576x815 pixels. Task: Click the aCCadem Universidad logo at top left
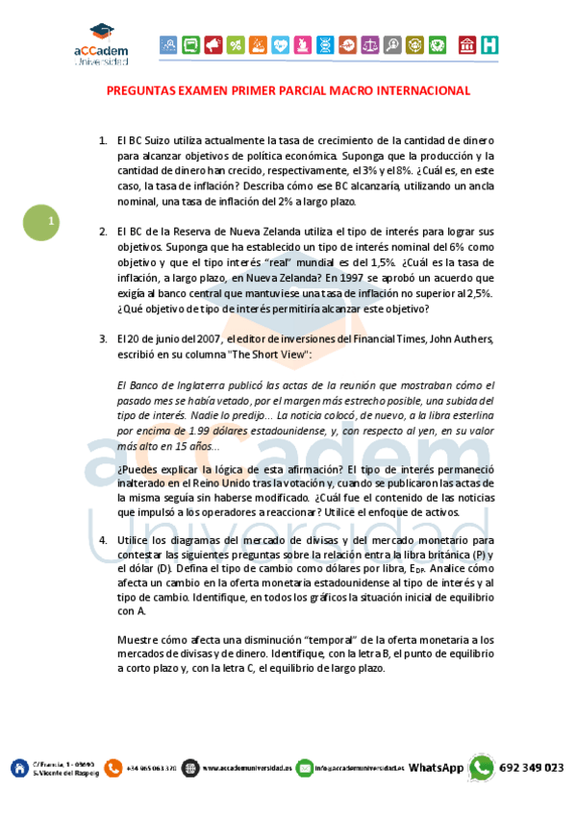[100, 44]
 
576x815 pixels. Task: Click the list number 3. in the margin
[103, 338]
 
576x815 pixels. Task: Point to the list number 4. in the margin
[103, 541]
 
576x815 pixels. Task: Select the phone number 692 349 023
[530, 767]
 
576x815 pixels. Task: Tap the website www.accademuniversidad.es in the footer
[246, 767]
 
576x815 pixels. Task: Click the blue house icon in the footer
[19, 767]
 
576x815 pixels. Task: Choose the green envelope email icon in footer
[305, 767]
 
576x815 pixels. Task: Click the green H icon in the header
[489, 44]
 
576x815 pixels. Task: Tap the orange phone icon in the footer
[113, 767]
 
